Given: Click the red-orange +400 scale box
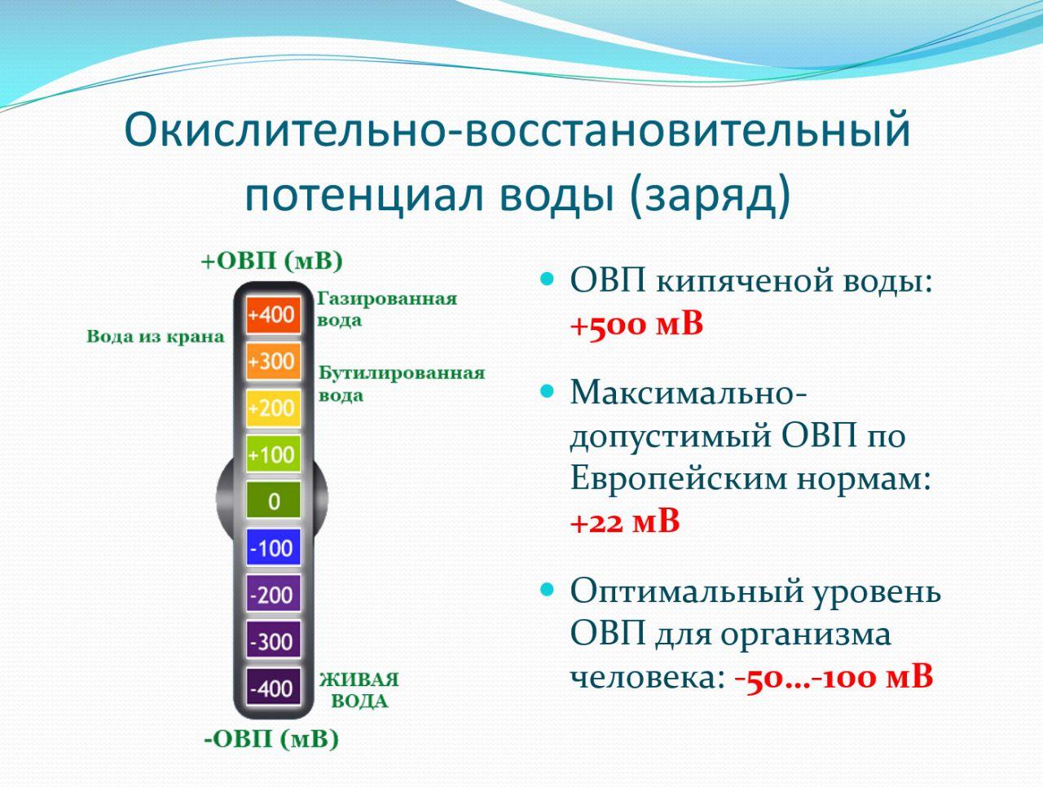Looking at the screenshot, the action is pos(273,314).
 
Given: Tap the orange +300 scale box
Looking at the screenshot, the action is pos(273,362).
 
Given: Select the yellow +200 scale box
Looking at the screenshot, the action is pos(273,408).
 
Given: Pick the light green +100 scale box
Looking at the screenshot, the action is pos(273,455).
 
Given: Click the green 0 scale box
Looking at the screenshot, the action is pos(273,500).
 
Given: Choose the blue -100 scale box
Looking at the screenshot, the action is pos(273,547).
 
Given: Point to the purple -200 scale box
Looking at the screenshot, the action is pos(273,594).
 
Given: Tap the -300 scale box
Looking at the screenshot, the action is pos(273,640).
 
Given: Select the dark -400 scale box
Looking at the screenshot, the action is pos(273,687).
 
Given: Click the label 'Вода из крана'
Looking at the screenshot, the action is pos(156,336).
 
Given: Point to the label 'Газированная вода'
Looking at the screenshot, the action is pos(387,310).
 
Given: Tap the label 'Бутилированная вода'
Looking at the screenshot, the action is pos(402,385).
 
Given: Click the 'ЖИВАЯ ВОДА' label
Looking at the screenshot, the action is pos(359,691).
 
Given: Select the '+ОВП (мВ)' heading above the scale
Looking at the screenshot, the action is pos(272,261).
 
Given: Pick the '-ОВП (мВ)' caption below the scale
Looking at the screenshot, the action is pos(271,739).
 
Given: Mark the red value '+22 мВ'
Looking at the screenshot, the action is pos(625,521).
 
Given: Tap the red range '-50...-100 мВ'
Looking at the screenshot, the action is pos(834,676).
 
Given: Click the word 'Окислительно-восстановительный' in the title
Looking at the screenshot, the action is pos(517,130).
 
